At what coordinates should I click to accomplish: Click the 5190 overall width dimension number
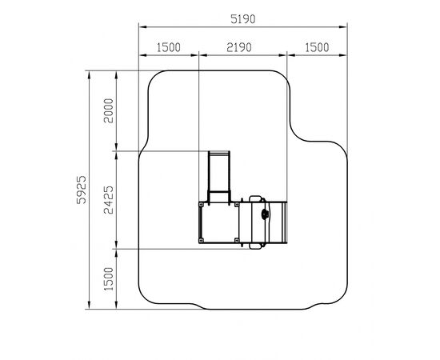coord(243,19)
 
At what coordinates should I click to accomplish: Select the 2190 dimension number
coord(239,47)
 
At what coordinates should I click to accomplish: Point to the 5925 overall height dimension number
coord(82,190)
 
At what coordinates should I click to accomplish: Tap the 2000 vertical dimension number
coord(109,110)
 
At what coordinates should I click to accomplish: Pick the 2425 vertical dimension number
coord(109,200)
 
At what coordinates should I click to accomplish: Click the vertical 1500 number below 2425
coord(109,279)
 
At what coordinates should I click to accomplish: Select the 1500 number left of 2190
coord(168,47)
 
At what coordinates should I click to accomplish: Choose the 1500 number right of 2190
coord(317,47)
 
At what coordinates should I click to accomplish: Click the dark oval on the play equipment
coord(265,214)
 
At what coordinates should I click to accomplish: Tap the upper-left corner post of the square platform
coord(201,205)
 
